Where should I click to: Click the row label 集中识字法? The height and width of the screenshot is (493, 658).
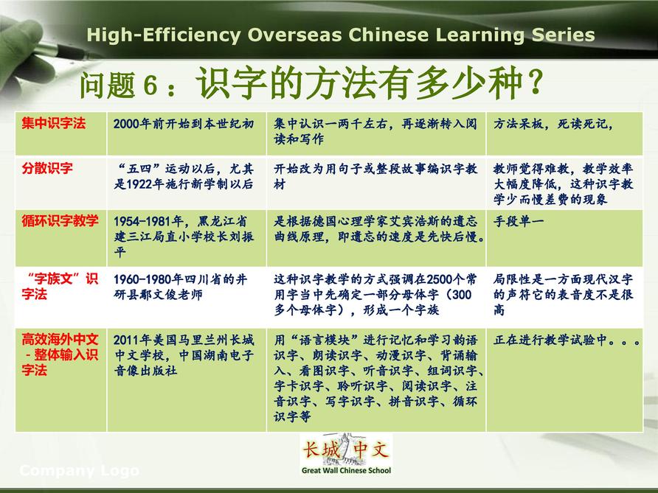tap(54, 123)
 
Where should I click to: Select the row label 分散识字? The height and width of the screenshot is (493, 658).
tap(47, 168)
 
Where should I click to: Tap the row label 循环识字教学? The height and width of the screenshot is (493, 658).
tap(60, 220)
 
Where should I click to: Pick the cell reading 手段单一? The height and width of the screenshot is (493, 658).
tap(519, 221)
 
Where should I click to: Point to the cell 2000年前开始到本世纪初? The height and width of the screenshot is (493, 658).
tap(184, 124)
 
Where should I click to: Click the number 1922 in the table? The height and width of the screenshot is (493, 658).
tap(139, 184)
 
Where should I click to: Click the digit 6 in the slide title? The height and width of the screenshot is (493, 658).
tap(150, 85)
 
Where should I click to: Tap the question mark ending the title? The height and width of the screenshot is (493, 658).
tap(536, 83)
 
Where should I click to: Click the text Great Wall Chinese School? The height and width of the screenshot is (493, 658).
tap(346, 470)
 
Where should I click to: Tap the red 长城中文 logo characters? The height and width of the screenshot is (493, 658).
tap(346, 450)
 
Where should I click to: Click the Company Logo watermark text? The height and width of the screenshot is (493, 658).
tap(80, 471)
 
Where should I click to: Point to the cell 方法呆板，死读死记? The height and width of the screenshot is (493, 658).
tap(553, 124)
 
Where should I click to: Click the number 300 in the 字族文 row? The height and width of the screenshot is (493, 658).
tap(461, 295)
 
